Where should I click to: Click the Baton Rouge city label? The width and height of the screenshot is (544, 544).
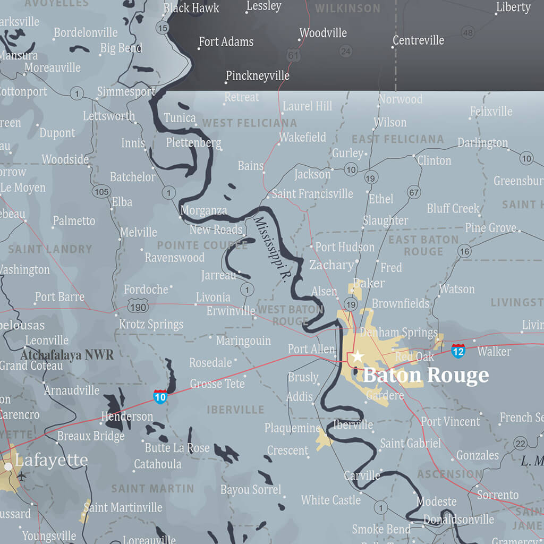(426, 375)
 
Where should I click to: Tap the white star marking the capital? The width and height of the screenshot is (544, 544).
(358, 356)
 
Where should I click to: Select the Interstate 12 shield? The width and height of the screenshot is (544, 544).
(458, 351)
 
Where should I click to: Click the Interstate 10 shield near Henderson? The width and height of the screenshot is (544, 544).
(160, 396)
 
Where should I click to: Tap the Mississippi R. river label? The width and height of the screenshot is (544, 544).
(269, 249)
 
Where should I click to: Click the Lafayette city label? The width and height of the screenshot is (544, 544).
(51, 460)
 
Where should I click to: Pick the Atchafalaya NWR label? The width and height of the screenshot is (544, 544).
(67, 354)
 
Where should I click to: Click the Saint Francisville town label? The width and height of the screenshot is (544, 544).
(312, 194)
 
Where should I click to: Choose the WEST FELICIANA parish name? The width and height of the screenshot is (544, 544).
(249, 123)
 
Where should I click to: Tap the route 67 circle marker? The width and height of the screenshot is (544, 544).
(414, 192)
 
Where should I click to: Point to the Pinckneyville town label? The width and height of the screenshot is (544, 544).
(258, 76)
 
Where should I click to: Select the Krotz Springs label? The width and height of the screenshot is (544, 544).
(151, 324)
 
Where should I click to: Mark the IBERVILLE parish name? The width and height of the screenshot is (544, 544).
(235, 410)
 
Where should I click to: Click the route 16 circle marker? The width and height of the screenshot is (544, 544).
(465, 251)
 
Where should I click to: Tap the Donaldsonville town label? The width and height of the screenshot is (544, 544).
(458, 519)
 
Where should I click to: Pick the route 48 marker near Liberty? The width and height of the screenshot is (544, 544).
(467, 33)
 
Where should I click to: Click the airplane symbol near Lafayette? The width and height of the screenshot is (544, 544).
(22, 476)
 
